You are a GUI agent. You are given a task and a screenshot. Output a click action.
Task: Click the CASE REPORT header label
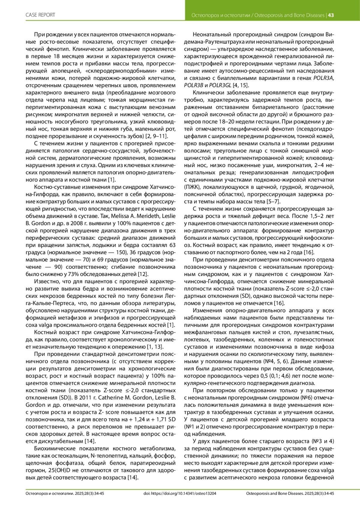40,15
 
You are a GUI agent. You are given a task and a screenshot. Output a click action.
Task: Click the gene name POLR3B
194,85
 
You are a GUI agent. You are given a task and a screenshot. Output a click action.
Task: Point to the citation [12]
143,274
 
